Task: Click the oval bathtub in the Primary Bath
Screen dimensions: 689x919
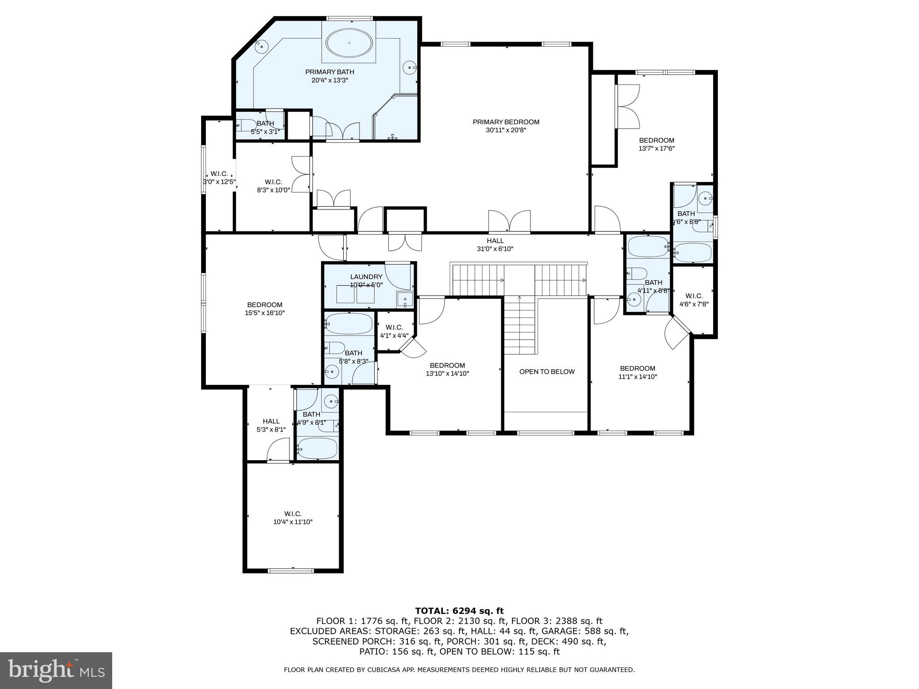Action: pos(349,43)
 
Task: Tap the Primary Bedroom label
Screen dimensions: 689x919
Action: pos(506,122)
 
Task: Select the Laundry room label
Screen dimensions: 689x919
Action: pos(366,277)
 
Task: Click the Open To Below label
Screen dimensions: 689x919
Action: pos(547,371)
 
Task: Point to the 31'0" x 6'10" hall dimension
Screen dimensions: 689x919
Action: pos(495,249)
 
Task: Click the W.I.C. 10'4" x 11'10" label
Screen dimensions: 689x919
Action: pos(293,518)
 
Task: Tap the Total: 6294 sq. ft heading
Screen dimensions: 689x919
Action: pos(459,611)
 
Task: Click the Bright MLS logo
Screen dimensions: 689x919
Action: pos(56,670)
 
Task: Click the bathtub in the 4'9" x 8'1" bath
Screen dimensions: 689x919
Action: pos(317,448)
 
